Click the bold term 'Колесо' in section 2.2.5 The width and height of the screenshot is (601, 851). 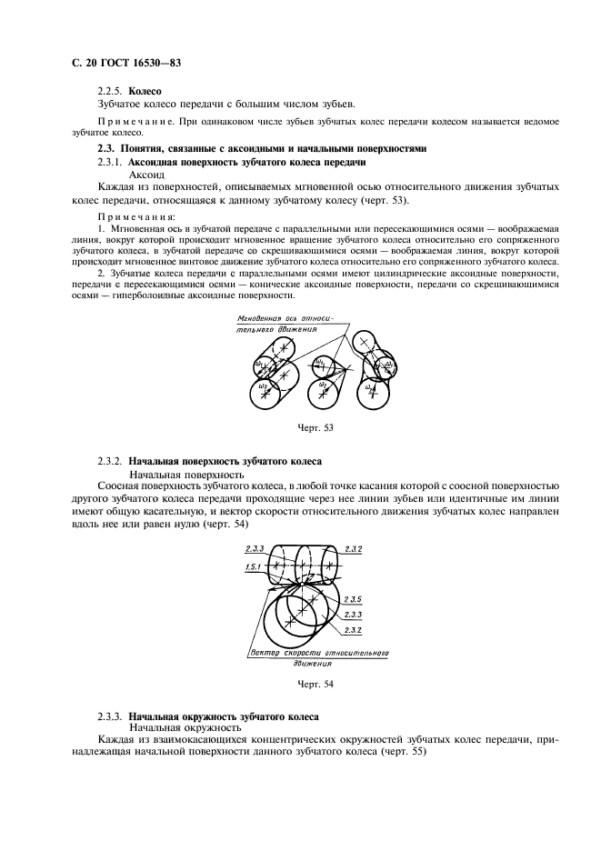coord(145,92)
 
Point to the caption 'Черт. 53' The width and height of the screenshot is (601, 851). coord(315,426)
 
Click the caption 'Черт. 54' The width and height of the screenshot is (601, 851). coord(315,685)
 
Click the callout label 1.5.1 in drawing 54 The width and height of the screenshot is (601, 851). coord(254,566)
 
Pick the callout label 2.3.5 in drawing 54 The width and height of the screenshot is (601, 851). coord(354,598)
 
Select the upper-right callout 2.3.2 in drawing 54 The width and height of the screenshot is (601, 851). coord(354,550)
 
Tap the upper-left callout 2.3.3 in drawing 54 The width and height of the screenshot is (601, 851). coord(254,550)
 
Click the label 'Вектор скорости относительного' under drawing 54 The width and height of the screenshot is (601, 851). coord(319,653)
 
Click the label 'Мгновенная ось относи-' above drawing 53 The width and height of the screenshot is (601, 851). coord(285,319)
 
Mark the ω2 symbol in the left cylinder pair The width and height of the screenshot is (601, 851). coord(263,385)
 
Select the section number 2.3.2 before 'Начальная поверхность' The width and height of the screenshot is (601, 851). coord(110,462)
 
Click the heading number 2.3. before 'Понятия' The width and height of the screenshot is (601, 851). coord(106,148)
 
